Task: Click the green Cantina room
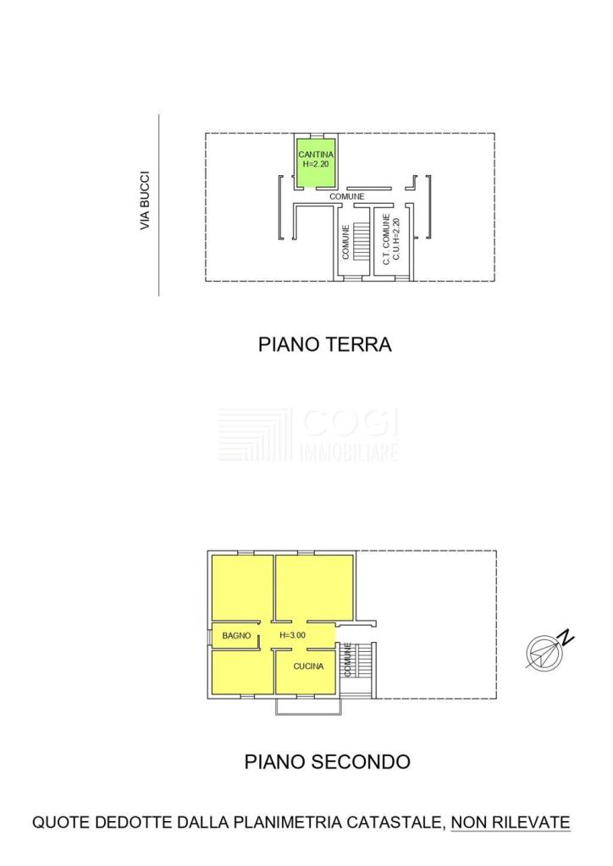(316, 162)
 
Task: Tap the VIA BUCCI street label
(145, 200)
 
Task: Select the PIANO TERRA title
(325, 344)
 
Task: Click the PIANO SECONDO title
(327, 762)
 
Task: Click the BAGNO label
(236, 636)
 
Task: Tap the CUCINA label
(308, 666)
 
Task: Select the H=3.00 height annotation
(292, 635)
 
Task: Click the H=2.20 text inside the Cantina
(316, 163)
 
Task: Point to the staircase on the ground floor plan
(361, 241)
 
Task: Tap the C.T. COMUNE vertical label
(386, 239)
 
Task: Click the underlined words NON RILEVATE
(511, 822)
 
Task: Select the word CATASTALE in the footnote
(395, 822)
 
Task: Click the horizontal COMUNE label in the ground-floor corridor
(347, 196)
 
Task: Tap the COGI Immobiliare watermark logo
(308, 435)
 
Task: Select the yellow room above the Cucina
(314, 588)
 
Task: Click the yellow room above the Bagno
(243, 588)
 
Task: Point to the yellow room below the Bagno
(243, 672)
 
